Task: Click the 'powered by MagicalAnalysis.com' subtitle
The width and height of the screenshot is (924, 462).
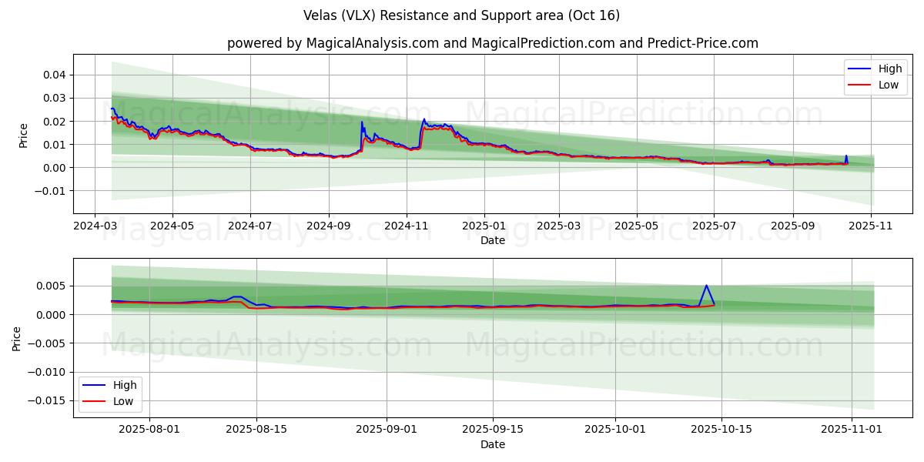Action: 493,43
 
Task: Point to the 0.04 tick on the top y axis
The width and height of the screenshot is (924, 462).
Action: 54,75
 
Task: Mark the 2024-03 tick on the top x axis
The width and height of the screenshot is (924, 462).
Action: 95,226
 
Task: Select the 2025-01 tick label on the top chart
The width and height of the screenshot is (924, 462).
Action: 484,226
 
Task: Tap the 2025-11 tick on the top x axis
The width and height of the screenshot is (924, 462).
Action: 871,226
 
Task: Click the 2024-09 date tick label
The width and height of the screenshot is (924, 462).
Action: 329,226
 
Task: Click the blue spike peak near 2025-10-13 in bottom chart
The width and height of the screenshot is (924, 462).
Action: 706,286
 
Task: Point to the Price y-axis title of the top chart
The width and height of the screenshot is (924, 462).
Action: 23,136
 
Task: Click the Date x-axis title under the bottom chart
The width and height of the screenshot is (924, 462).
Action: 493,444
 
